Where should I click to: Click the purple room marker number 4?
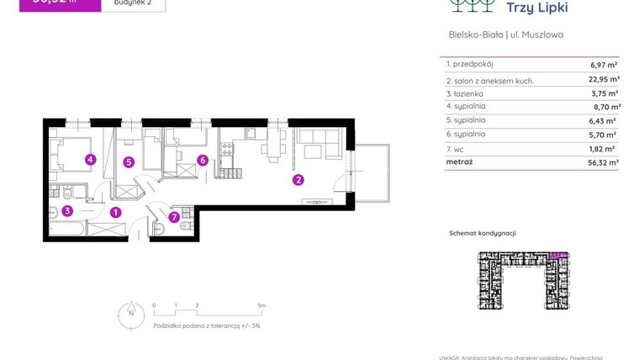(x=90, y=159)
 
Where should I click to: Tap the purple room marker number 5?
(x=129, y=161)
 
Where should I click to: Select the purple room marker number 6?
(x=203, y=160)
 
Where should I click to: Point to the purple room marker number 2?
(x=298, y=179)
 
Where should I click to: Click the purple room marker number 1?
(x=116, y=212)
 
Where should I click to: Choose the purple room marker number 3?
(x=67, y=211)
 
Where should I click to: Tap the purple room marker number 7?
(x=174, y=217)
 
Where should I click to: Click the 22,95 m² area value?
(x=603, y=80)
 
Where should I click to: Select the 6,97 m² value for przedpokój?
(x=604, y=65)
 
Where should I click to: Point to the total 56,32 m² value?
(x=603, y=161)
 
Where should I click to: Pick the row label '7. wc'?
(x=454, y=148)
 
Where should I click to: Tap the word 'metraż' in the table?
(x=459, y=161)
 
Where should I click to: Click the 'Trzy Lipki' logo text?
(x=537, y=8)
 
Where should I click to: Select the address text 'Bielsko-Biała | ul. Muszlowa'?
(x=506, y=35)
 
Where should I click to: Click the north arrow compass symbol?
(x=130, y=312)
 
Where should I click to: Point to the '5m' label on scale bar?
(x=261, y=305)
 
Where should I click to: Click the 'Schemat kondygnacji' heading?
(x=483, y=233)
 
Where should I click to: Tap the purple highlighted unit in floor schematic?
(x=557, y=253)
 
